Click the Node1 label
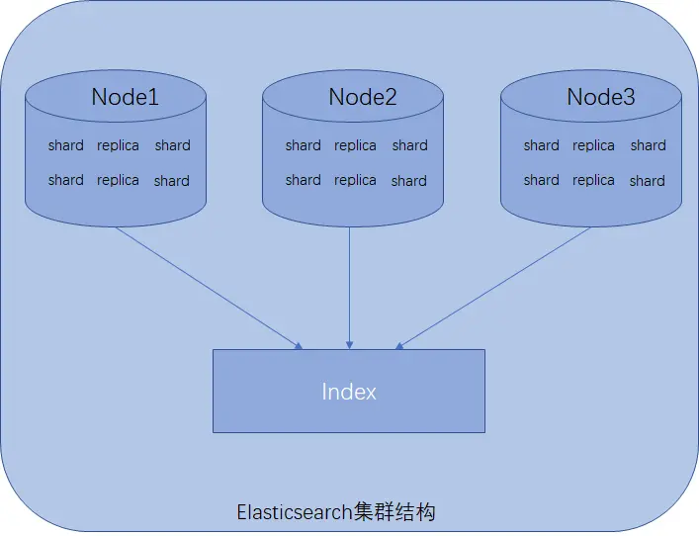point(126,97)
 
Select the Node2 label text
point(363,97)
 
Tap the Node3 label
point(601,97)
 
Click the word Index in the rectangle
point(349,392)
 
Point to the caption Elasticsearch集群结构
point(336,512)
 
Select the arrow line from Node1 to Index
point(208,287)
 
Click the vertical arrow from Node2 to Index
point(349,287)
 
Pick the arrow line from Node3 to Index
point(494,287)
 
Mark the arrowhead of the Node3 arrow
point(399,346)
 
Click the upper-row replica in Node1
point(118,145)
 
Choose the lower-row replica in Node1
point(118,180)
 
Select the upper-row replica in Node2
point(355,145)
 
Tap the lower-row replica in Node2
point(355,180)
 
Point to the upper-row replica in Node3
point(593,145)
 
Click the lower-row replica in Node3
point(593,180)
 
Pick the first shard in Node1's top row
point(65,145)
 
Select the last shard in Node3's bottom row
point(647,181)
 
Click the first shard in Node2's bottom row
point(303,180)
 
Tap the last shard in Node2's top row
point(409,145)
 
